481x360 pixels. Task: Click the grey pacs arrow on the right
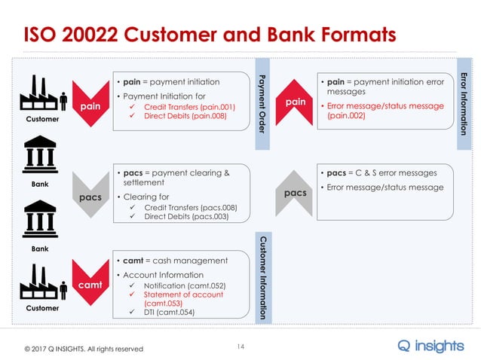point(296,194)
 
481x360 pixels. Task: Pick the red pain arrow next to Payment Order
point(296,101)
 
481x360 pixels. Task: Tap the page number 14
point(241,346)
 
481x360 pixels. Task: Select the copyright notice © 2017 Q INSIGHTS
point(83,349)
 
